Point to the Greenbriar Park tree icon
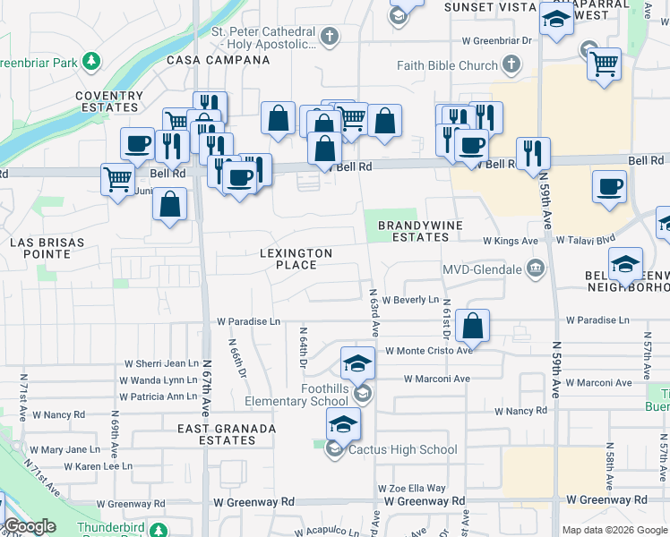(x=90, y=61)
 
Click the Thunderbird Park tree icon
(x=159, y=529)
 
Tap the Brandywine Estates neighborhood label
(x=413, y=231)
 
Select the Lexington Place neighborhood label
(x=296, y=259)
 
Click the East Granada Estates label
(x=227, y=434)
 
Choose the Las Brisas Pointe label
(x=47, y=248)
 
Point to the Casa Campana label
(x=219, y=60)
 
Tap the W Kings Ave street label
(x=510, y=241)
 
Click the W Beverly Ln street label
(x=410, y=300)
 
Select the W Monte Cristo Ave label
(x=428, y=351)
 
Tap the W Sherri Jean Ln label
(x=161, y=363)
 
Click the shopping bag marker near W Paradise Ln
(x=472, y=326)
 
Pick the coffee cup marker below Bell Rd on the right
(x=609, y=187)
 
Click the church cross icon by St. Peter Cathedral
(x=330, y=37)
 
